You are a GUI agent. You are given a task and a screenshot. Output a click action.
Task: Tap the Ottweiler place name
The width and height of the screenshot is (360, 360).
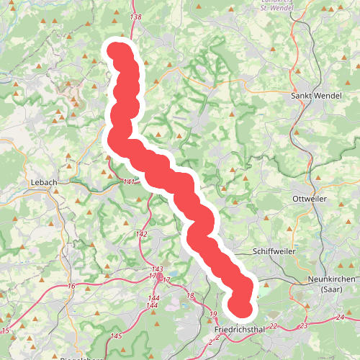(310, 198)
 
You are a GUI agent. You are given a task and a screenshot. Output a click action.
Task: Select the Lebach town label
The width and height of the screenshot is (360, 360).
(44, 183)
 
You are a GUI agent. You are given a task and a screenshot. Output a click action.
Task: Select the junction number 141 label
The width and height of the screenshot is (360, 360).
(130, 181)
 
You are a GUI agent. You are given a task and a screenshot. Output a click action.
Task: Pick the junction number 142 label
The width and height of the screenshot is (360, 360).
(141, 234)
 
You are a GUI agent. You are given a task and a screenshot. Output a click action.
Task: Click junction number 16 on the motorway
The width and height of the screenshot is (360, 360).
(71, 287)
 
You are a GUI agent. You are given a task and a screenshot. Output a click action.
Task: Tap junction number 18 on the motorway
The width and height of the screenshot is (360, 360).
(190, 295)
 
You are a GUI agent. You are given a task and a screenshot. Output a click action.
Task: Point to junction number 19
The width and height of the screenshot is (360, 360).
(213, 315)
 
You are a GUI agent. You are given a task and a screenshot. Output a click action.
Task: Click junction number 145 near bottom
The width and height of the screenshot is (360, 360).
(117, 336)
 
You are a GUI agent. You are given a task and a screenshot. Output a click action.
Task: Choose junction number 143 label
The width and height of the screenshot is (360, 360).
(157, 268)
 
